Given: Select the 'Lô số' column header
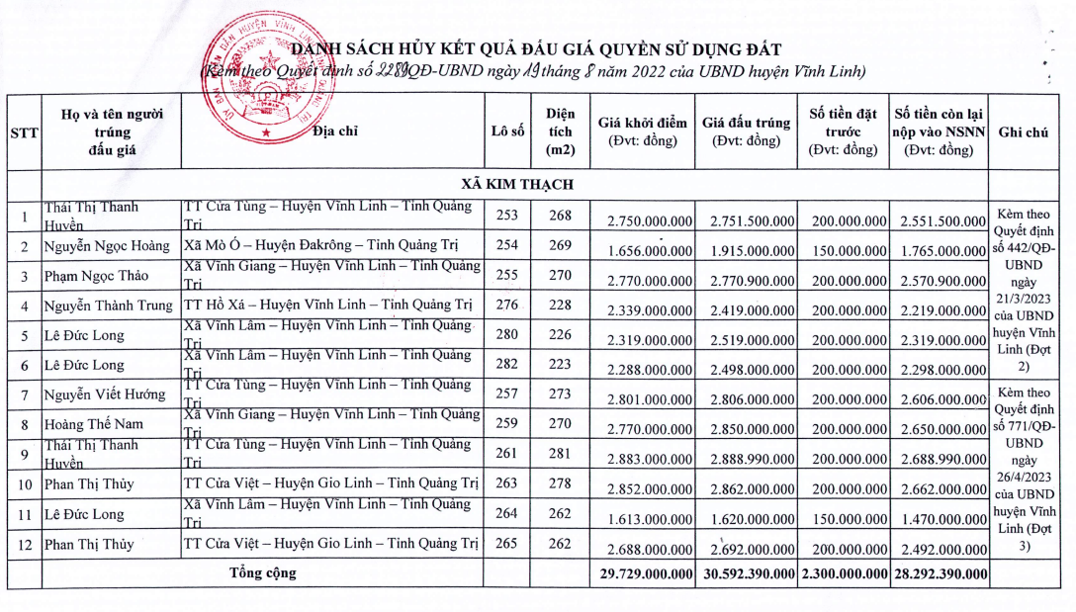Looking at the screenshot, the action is tap(506, 131).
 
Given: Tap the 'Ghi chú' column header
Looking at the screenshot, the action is tap(1024, 131).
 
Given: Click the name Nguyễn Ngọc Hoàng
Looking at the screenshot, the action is tap(106, 245).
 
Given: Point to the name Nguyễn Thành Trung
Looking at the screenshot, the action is tap(108, 306).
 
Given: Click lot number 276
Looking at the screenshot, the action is tap(506, 306).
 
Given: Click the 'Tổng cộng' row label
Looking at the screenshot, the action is tap(262, 572).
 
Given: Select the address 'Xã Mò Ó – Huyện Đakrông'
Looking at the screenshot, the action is tap(330, 245).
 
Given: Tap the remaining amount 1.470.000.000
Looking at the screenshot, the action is tap(940, 518).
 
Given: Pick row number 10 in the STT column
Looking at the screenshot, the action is tap(24, 484).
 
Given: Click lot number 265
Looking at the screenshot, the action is tap(506, 544).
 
